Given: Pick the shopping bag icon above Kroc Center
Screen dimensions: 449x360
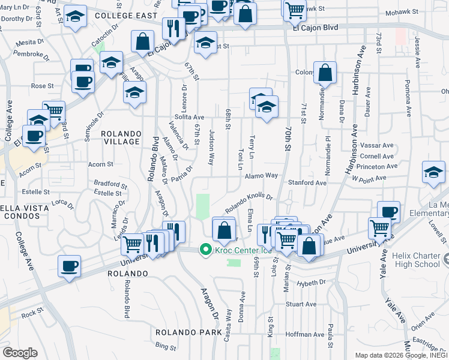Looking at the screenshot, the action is pyautogui.click(x=224, y=230).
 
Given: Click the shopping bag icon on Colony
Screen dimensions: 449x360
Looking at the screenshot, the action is pyautogui.click(x=325, y=73).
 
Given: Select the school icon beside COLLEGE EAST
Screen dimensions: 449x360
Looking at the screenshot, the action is pyautogui.click(x=76, y=17).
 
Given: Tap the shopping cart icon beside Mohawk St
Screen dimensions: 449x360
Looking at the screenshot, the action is pyautogui.click(x=295, y=9).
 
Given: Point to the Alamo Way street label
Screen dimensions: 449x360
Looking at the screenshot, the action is pyautogui.click(x=261, y=176).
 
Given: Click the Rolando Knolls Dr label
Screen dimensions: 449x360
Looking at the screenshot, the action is pyautogui.click(x=249, y=202).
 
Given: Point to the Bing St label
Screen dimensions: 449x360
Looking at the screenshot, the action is pyautogui.click(x=165, y=346).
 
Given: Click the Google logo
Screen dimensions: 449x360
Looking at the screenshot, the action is pyautogui.click(x=20, y=353).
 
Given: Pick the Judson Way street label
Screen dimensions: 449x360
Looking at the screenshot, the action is pyautogui.click(x=211, y=148).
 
